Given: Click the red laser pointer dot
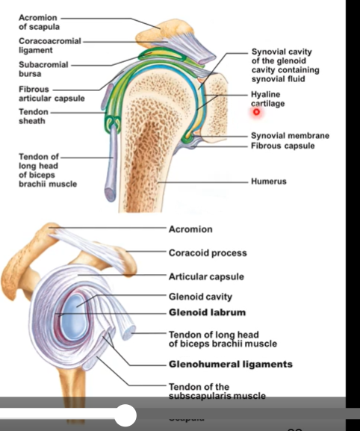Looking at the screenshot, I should [x=256, y=111].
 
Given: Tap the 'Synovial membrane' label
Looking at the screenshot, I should [x=289, y=136].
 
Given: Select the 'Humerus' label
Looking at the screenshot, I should [x=269, y=182].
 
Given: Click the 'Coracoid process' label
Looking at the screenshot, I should [x=207, y=253].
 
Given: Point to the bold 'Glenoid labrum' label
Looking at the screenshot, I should [x=207, y=312].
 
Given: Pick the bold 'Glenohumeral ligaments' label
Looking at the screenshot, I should [x=230, y=365].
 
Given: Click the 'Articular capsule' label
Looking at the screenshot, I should [x=206, y=277].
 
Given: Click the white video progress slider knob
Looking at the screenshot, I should [x=125, y=414].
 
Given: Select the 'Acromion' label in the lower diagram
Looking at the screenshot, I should [x=190, y=229].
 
